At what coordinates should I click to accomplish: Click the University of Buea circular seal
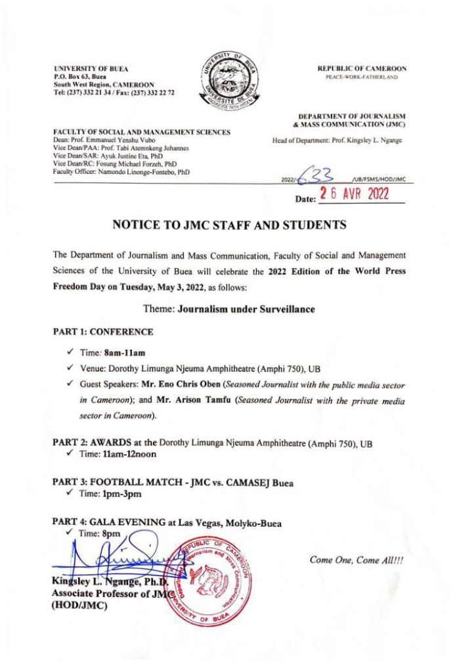pyautogui.click(x=230, y=83)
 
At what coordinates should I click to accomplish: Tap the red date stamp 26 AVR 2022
pyautogui.click(x=353, y=194)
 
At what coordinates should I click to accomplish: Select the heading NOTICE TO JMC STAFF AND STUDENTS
pyautogui.click(x=229, y=225)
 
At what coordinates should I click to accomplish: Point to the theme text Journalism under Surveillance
pyautogui.click(x=238, y=309)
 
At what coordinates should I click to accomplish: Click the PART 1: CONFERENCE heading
pyautogui.click(x=103, y=332)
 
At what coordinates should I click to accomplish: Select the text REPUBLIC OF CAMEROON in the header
pyautogui.click(x=362, y=68)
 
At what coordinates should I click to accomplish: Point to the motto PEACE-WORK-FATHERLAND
pyautogui.click(x=361, y=77)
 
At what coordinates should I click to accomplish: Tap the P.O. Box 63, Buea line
pyautogui.click(x=80, y=77)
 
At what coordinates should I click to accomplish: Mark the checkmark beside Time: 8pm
pyautogui.click(x=68, y=533)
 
